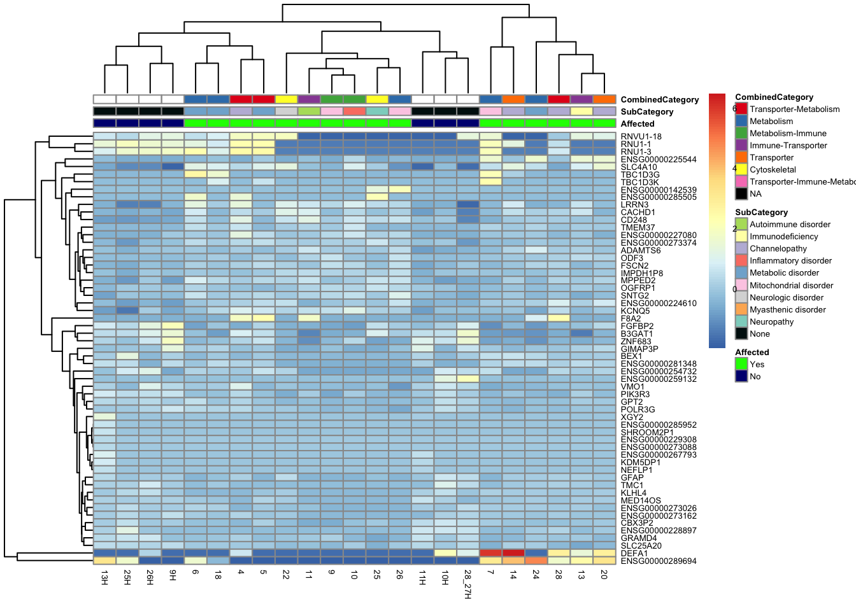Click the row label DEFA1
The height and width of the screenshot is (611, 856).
pos(634,554)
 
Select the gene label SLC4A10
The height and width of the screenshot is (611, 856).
pos(639,167)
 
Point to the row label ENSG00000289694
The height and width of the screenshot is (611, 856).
pos(659,561)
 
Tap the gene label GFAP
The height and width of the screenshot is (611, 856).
pos(632,478)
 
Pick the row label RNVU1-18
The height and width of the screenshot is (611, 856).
pos(641,137)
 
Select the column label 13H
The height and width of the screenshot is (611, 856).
pos(104,577)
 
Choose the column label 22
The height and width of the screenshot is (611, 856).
pos(286,575)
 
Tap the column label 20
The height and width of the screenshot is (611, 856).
pos(604,575)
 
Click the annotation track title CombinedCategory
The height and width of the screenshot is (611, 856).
pos(660,100)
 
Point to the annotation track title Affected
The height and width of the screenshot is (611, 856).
pos(638,124)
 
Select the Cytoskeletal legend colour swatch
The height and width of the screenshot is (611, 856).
pos(741,170)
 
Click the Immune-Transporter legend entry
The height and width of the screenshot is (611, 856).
pos(788,146)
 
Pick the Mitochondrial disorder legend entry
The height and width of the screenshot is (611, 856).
pos(791,286)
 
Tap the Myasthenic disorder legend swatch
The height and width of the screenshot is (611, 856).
pos(741,310)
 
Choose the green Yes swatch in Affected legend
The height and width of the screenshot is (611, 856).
pos(741,365)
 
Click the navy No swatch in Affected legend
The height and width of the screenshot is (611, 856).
pos(741,377)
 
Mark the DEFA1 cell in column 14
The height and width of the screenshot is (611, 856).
pos(513,553)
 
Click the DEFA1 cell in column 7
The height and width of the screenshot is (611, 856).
pos(490,553)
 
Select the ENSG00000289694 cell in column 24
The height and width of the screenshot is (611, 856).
pos(536,561)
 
